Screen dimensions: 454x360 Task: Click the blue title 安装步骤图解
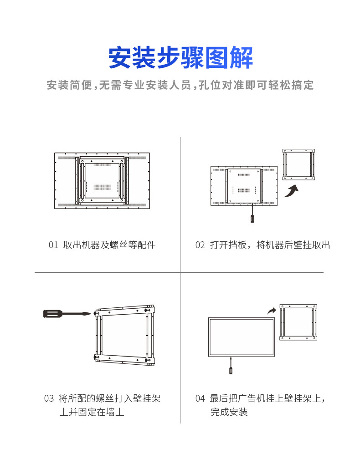click(x=180, y=58)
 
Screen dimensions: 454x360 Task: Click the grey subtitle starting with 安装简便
click(x=180, y=85)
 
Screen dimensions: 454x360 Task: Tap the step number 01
click(x=53, y=245)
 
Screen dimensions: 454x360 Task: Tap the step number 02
click(x=200, y=245)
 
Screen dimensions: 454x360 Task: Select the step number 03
click(x=49, y=398)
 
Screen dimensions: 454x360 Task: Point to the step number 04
click(x=200, y=398)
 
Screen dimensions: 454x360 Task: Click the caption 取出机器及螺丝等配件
click(x=109, y=245)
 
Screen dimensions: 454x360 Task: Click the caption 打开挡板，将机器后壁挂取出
click(x=270, y=245)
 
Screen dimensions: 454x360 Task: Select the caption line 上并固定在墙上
click(x=92, y=413)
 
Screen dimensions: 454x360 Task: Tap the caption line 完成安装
click(x=229, y=413)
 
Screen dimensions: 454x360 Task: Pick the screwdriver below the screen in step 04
click(x=231, y=367)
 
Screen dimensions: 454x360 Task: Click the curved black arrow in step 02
click(x=291, y=190)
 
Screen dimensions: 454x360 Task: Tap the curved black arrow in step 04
click(x=272, y=311)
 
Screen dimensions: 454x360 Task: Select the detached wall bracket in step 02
click(x=298, y=164)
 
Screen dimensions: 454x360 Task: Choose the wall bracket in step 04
click(x=298, y=322)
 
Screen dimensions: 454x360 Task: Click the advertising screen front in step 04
click(x=242, y=337)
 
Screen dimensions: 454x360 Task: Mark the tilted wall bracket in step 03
click(x=125, y=335)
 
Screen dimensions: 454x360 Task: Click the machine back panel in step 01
click(x=103, y=181)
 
